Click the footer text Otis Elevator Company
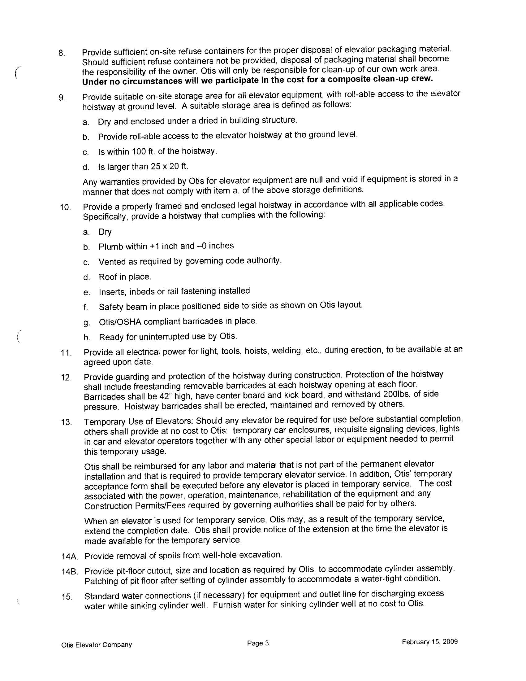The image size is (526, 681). tap(97, 645)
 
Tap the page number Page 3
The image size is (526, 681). tap(258, 643)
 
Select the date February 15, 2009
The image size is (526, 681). tap(429, 642)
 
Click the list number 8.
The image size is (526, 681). tap(61, 53)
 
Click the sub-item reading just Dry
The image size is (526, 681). tap(105, 232)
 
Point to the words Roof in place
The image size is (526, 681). tap(125, 277)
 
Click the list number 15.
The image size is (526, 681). tap(67, 597)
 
